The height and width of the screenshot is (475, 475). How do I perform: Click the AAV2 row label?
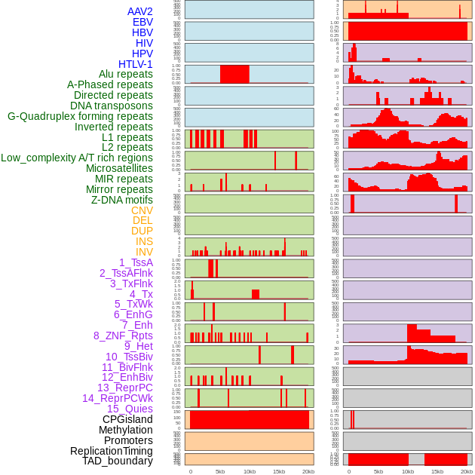139,11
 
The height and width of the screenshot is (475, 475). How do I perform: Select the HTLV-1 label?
135,64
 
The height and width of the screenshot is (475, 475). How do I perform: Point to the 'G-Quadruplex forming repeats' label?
80,116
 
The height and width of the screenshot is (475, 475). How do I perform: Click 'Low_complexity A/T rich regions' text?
77,158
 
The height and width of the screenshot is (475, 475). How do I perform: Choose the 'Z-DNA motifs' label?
121,200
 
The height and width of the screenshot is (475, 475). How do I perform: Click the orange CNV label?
142,210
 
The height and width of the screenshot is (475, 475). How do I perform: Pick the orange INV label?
144,252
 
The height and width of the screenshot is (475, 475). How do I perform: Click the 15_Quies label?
130,409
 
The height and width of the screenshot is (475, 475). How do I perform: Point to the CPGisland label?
127,419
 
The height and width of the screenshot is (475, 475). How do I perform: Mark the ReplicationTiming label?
112,451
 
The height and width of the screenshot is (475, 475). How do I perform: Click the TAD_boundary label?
118,461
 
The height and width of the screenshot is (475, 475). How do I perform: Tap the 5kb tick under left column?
220,471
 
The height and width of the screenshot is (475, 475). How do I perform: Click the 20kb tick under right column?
467,471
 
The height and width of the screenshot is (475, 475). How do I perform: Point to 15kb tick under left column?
279,471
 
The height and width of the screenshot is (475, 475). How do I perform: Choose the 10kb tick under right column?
408,471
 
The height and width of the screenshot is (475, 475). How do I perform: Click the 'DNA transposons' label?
112,106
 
